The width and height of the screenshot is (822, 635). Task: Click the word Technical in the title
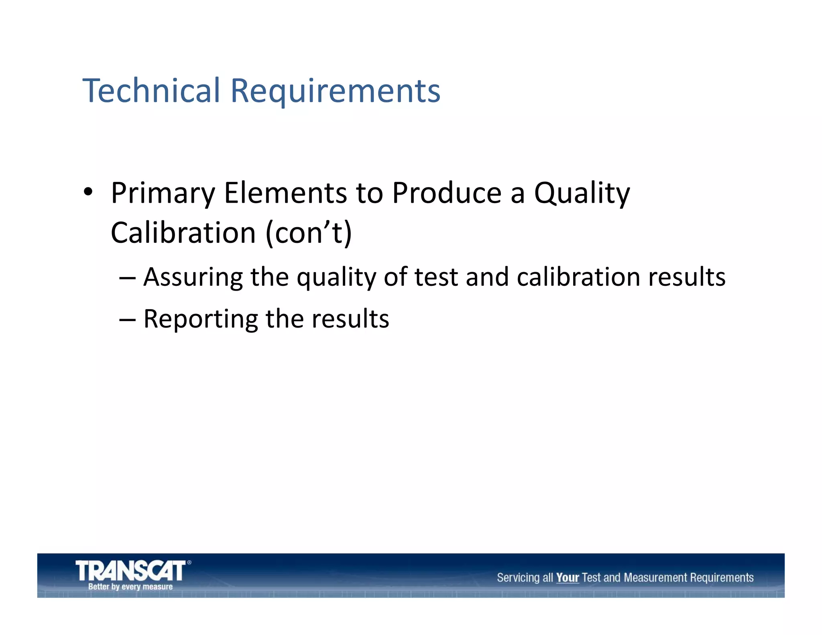tap(151, 90)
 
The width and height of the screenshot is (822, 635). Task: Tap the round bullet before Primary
tap(88, 192)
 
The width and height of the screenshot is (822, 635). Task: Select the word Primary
tap(163, 193)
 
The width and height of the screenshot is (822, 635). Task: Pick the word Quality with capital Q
tap(582, 193)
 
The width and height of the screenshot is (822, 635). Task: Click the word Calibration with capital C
tap(183, 233)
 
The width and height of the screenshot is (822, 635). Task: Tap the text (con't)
tap(308, 233)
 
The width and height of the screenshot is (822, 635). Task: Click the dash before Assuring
tap(127, 278)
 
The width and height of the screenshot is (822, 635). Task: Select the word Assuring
tap(193, 278)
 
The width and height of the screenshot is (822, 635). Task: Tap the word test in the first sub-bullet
tap(436, 277)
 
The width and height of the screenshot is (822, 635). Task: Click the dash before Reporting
tap(127, 320)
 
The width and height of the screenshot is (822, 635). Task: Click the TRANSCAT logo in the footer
tap(131, 570)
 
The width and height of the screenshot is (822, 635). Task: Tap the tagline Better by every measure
tap(130, 587)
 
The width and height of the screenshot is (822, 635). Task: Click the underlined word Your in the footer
tap(567, 578)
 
